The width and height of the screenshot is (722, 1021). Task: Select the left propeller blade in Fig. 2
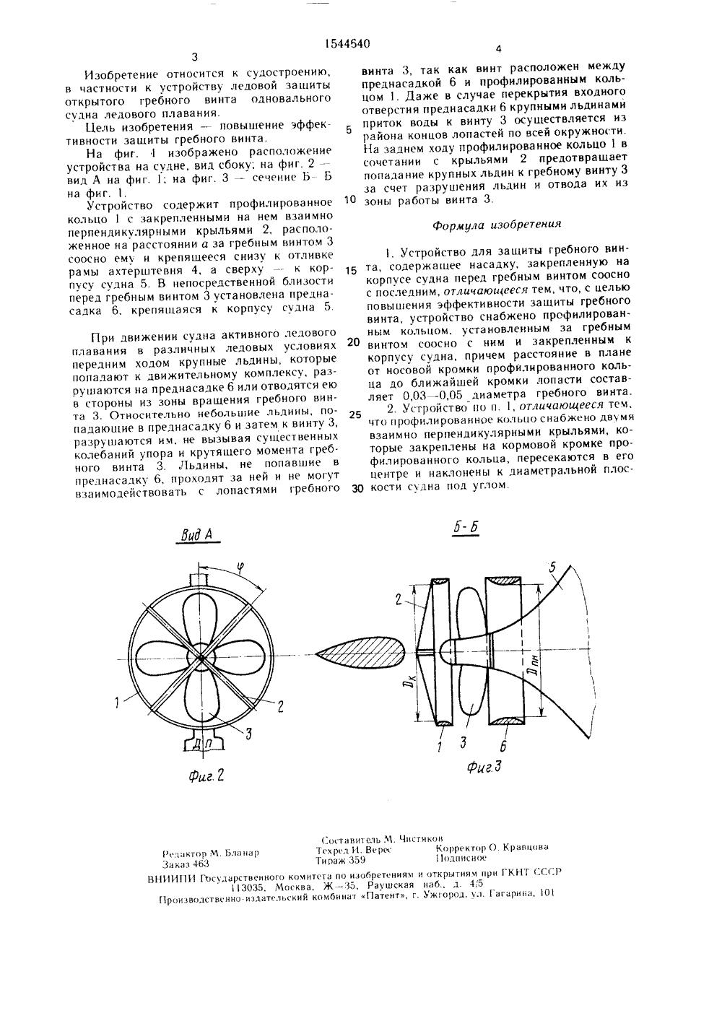[163, 657]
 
